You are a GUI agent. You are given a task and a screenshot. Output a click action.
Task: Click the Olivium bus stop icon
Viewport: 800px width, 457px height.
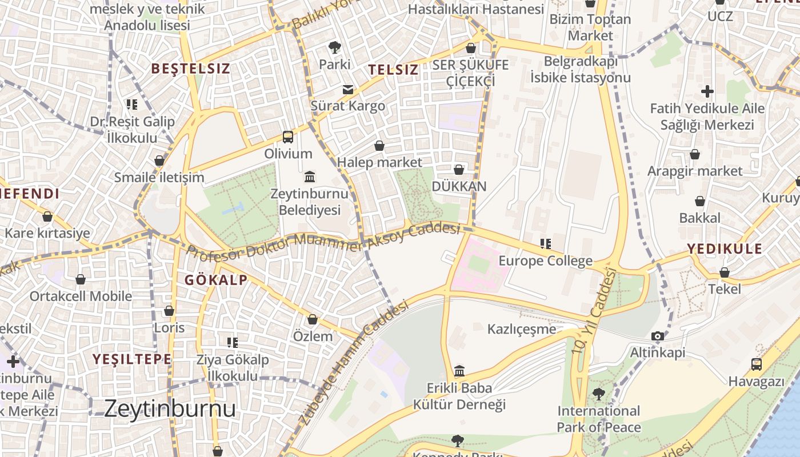coord(288,137)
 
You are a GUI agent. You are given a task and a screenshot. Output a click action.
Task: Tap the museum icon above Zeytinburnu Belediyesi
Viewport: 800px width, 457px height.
coord(310,176)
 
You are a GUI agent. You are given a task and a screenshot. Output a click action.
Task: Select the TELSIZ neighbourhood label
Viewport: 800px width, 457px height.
coord(393,70)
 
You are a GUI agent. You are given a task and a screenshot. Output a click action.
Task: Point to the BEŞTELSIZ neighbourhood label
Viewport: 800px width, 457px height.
coord(190,69)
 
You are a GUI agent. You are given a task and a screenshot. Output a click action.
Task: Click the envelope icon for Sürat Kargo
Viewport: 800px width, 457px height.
coord(347,89)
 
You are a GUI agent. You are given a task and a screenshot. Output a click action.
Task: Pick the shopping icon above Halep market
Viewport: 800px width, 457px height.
coord(379,146)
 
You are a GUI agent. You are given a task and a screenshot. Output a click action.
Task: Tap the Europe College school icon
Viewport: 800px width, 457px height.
coord(546,244)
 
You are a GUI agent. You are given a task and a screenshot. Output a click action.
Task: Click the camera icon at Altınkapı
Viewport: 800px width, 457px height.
coord(658,336)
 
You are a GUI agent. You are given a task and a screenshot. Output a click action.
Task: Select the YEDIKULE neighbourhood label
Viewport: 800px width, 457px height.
coord(725,248)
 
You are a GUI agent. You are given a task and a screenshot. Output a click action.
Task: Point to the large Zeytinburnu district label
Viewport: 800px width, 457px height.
coord(170,408)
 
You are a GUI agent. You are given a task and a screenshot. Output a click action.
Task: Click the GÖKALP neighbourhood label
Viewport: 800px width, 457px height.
coord(216,280)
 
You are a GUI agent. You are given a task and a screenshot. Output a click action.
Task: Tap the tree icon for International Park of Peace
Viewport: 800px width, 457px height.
coord(598,394)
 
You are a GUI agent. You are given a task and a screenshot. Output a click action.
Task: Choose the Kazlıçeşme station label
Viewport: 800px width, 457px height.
coord(521,329)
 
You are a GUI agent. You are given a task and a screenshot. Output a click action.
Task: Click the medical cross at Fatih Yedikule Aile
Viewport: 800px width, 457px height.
coord(707,91)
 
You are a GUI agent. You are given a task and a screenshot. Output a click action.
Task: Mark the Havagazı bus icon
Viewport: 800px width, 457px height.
coord(756,364)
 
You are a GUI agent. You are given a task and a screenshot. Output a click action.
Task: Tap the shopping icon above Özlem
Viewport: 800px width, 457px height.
coord(312,319)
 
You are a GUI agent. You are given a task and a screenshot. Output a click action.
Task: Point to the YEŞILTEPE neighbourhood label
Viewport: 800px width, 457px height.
coord(132,359)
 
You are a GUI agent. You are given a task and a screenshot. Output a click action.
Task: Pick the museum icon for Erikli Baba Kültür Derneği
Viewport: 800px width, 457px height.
coord(459,371)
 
